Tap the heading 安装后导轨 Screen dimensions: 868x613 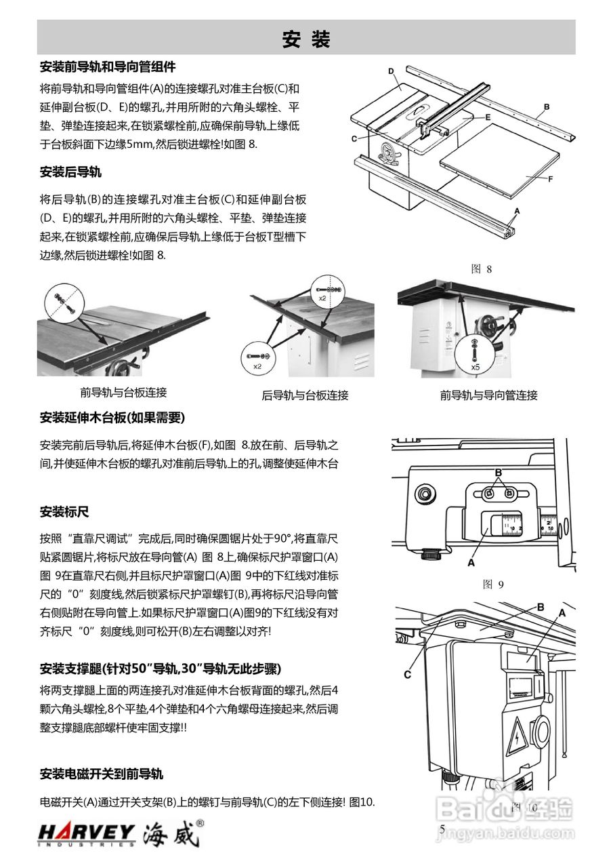[x=71, y=172]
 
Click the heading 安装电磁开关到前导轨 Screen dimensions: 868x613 [x=102, y=774]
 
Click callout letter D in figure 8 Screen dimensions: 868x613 [x=391, y=71]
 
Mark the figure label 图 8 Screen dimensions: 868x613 [x=481, y=269]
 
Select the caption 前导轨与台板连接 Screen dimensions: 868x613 [x=123, y=392]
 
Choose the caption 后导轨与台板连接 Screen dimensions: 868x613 [x=305, y=395]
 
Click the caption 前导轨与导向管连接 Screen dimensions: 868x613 [x=488, y=395]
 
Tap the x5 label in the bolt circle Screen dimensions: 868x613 [x=475, y=367]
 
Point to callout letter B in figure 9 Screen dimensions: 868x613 [x=498, y=471]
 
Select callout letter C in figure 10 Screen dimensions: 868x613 [x=407, y=674]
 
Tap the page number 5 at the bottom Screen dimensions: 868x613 [x=442, y=829]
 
